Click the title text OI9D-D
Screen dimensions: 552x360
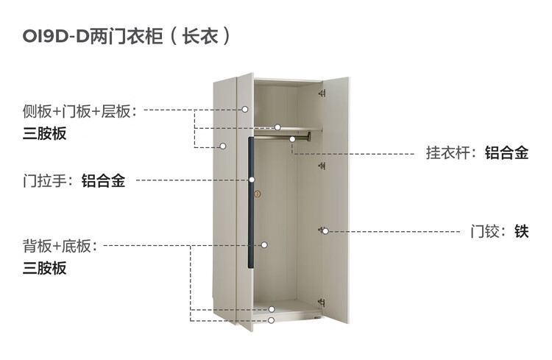[x=55, y=36]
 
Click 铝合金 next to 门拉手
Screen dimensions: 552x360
[x=103, y=180]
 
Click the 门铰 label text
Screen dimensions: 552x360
[x=486, y=232]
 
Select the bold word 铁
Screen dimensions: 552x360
[x=522, y=232]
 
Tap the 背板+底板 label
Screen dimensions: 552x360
[x=59, y=246]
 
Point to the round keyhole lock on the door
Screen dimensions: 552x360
[x=258, y=194]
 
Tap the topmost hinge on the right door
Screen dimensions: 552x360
[x=322, y=93]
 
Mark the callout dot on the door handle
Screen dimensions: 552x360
[x=252, y=179]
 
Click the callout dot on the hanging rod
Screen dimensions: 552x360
[x=292, y=138]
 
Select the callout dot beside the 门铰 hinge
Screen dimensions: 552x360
[x=325, y=231]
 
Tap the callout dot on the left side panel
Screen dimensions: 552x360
[x=222, y=146]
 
